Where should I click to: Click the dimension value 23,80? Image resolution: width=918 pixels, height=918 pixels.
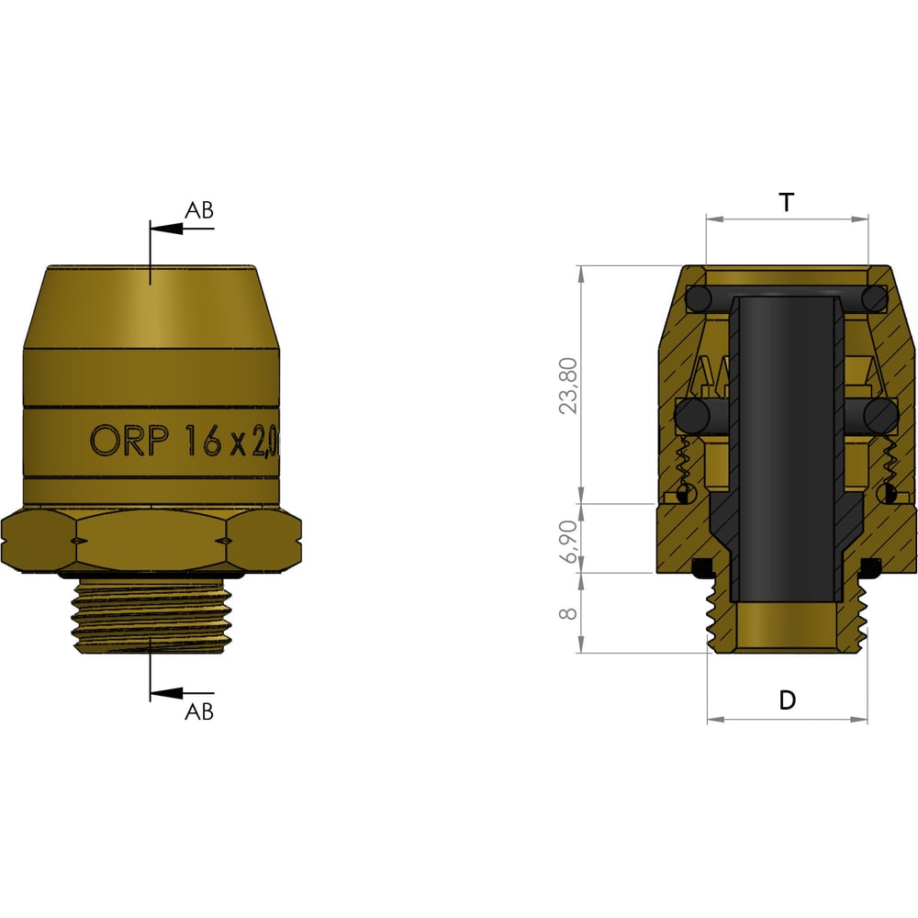[567, 386]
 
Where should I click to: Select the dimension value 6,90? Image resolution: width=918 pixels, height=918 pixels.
[568, 541]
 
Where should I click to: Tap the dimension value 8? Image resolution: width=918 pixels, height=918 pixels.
[568, 613]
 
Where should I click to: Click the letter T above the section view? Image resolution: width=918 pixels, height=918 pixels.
[787, 203]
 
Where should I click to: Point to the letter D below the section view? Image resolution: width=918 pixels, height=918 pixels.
[788, 700]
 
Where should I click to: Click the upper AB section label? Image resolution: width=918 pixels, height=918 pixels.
[199, 210]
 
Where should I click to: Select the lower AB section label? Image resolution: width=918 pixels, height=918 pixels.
[199, 711]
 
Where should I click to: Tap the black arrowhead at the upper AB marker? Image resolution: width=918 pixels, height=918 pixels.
[166, 229]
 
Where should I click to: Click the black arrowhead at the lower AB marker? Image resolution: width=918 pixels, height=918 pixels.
[166, 694]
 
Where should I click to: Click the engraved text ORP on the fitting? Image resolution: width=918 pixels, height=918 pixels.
[129, 441]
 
